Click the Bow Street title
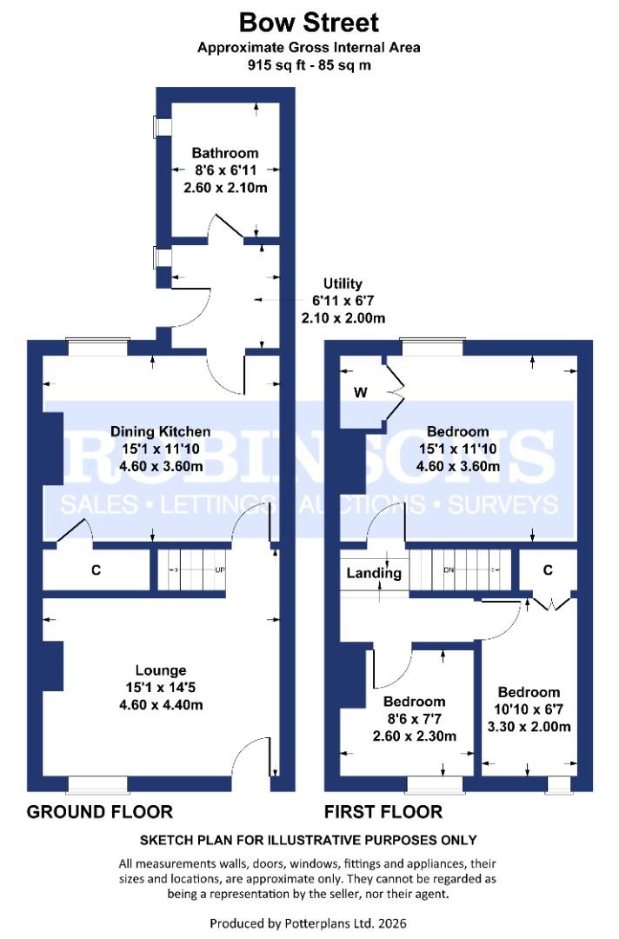pyautogui.click(x=309, y=22)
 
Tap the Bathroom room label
pyautogui.click(x=226, y=153)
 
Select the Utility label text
pyautogui.click(x=343, y=283)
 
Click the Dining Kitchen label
pyautogui.click(x=160, y=431)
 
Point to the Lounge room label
pyautogui.click(x=161, y=670)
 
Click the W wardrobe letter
pyautogui.click(x=360, y=392)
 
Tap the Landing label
pyautogui.click(x=374, y=573)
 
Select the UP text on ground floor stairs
pyautogui.click(x=220, y=569)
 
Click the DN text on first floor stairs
pyautogui.click(x=449, y=570)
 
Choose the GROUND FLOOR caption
pyautogui.click(x=100, y=812)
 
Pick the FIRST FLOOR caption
pyautogui.click(x=383, y=812)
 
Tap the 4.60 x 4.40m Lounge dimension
pyautogui.click(x=161, y=704)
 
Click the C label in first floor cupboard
pyautogui.click(x=548, y=570)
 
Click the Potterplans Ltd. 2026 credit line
pyautogui.click(x=309, y=922)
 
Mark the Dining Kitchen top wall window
pyautogui.click(x=98, y=346)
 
